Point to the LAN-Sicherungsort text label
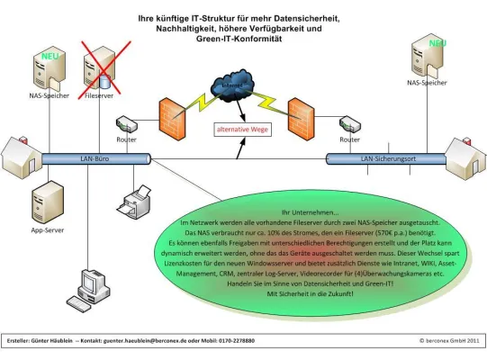coord(383,158)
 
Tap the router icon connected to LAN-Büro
coord(126,125)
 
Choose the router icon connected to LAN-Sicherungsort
coord(349,125)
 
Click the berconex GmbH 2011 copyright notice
coord(447,341)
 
